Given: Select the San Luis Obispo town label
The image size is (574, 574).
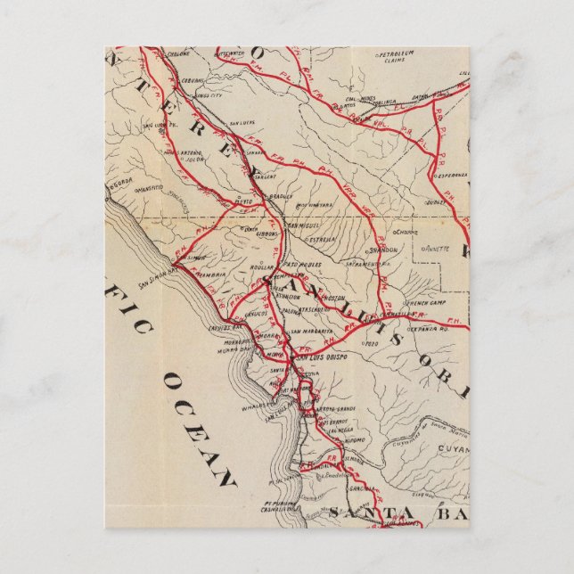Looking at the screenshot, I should pos(320,355).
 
